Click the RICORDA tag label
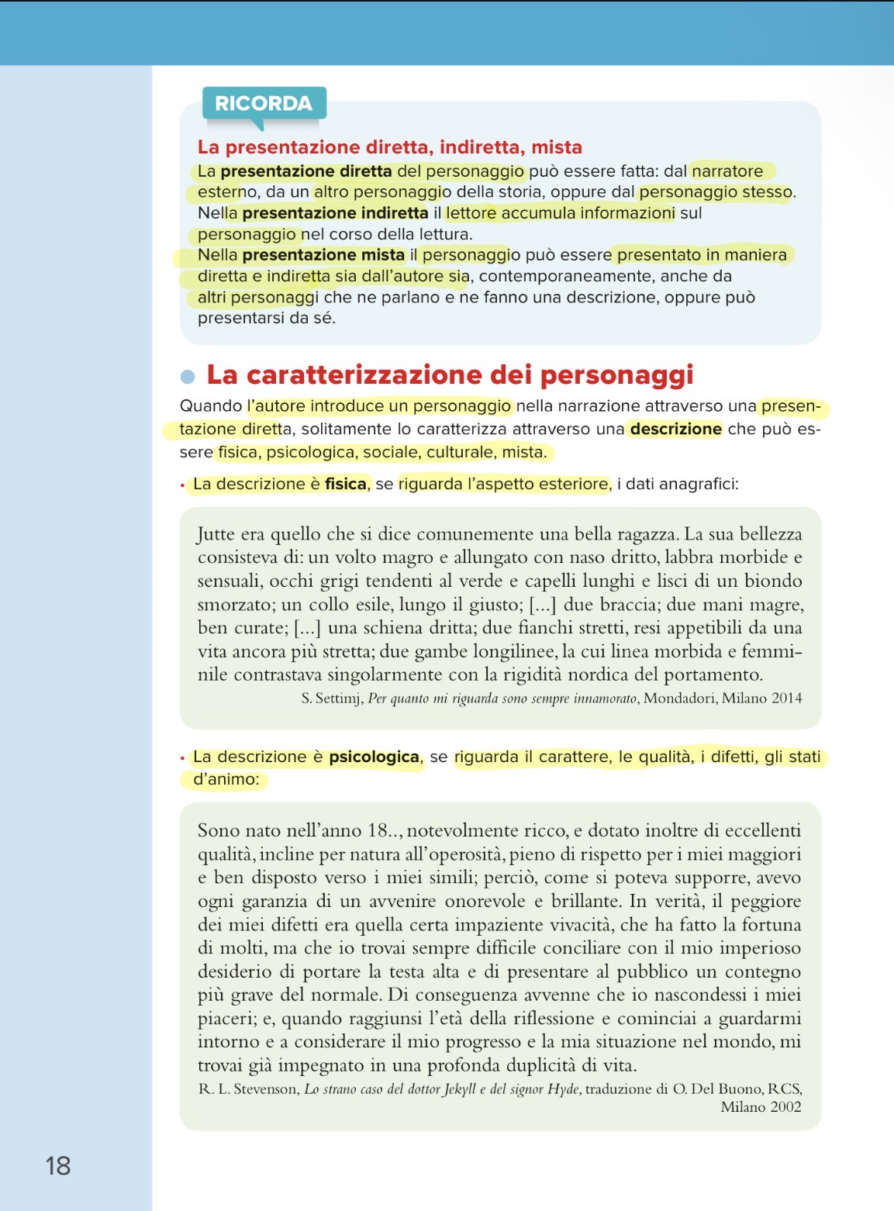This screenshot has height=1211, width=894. pyautogui.click(x=264, y=104)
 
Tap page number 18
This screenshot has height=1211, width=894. pyautogui.click(x=58, y=1166)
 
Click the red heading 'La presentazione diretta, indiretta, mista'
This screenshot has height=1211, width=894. pyautogui.click(x=389, y=147)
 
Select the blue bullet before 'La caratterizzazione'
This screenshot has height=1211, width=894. pyautogui.click(x=187, y=377)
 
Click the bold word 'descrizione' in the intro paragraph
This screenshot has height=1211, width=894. pyautogui.click(x=675, y=429)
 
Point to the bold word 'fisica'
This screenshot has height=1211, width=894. pyautogui.click(x=345, y=484)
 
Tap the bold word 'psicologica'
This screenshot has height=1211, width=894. pyautogui.click(x=374, y=757)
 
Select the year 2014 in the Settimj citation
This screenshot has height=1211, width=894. pyautogui.click(x=786, y=699)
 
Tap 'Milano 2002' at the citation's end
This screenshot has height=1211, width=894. pyautogui.click(x=761, y=1107)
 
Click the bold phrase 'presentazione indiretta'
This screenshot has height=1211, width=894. pyautogui.click(x=335, y=213)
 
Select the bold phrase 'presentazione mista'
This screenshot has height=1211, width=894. pyautogui.click(x=323, y=255)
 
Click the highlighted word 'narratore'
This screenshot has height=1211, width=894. pyautogui.click(x=727, y=171)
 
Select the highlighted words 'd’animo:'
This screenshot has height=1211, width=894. pyautogui.click(x=226, y=779)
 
